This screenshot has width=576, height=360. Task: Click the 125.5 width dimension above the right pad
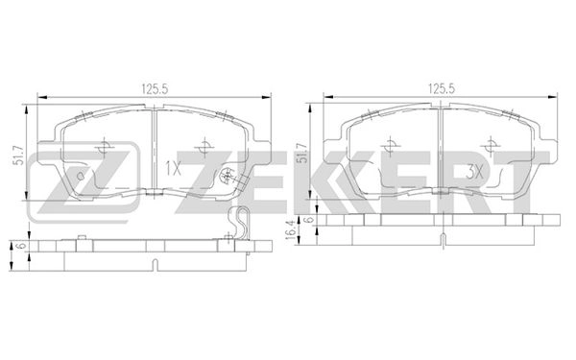(439, 88)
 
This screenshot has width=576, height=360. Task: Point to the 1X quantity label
(173, 168)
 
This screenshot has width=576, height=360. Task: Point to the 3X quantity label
(471, 169)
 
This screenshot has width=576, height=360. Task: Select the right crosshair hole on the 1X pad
(203, 148)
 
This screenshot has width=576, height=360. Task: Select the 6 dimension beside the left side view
(18, 246)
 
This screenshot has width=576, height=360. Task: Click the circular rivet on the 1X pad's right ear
(228, 176)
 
